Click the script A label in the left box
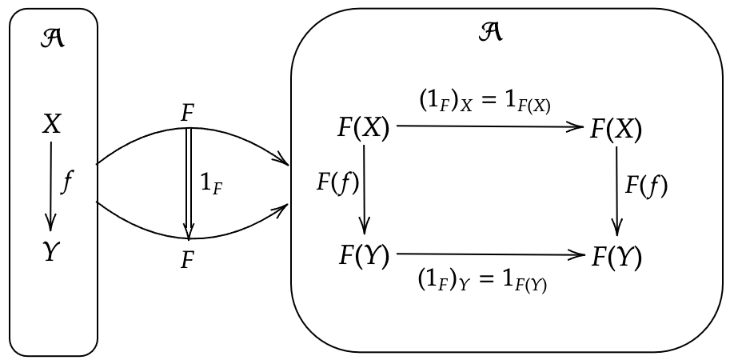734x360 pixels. [53, 38]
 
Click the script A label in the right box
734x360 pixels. [490, 33]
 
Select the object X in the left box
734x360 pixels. [52, 124]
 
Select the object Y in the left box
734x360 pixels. [52, 252]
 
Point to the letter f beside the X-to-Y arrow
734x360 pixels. [69, 183]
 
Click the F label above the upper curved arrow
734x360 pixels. [188, 114]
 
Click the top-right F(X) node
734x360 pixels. [616, 128]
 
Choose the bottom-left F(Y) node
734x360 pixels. [363, 256]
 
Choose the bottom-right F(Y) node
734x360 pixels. [616, 258]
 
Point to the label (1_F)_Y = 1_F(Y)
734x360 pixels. [482, 282]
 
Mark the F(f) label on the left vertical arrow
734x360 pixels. [337, 183]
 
